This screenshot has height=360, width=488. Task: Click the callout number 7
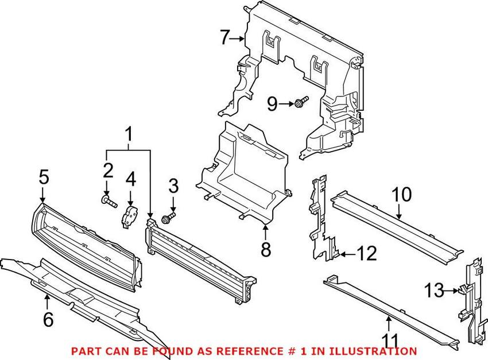pos(224,38)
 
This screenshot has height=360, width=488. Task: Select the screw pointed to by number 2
pos(109,201)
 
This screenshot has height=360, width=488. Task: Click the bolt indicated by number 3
pos(169,218)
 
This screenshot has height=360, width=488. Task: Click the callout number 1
pos(129,134)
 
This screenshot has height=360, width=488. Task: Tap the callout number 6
pos(48,319)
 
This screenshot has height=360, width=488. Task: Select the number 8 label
pos(265,249)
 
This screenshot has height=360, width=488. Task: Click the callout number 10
pos(401,195)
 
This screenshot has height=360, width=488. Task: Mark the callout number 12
pos(367,253)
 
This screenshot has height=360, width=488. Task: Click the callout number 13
pos(435,291)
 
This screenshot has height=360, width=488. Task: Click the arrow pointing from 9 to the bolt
pos(286,104)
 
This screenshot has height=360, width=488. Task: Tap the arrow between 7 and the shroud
pos(238,38)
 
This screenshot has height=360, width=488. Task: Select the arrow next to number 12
pos(348,254)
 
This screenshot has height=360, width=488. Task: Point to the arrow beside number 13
pos(452,291)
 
